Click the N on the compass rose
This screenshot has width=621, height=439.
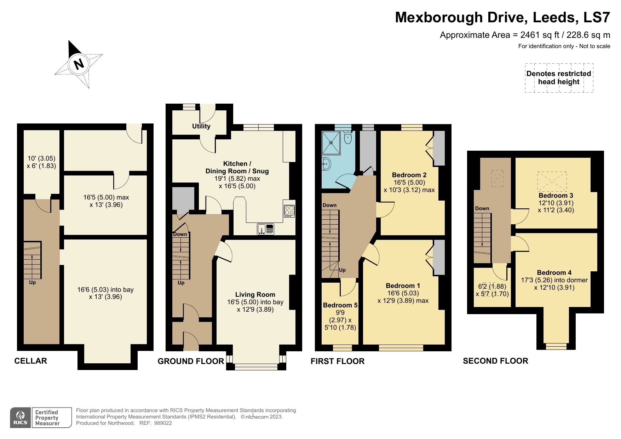coord(79,64)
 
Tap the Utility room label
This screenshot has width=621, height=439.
coord(201,126)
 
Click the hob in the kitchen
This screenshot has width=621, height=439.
coord(289,211)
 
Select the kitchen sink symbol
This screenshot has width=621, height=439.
coord(265,229)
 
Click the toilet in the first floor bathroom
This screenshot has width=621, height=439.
coord(347,138)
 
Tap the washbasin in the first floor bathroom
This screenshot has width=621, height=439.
coord(326,164)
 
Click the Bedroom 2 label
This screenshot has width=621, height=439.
coord(409,175)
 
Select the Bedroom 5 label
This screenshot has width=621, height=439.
coord(340,305)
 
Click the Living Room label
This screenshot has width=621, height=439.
coord(255,294)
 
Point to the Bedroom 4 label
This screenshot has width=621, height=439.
coord(554,272)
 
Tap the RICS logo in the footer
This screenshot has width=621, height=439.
coord(21,418)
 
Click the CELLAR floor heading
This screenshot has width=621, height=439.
coord(30,361)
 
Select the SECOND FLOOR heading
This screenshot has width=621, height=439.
coord(495,361)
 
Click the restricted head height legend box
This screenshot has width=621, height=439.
coord(559,78)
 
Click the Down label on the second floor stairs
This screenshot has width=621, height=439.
coord(482,208)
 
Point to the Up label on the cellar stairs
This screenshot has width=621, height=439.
coord(32,282)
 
